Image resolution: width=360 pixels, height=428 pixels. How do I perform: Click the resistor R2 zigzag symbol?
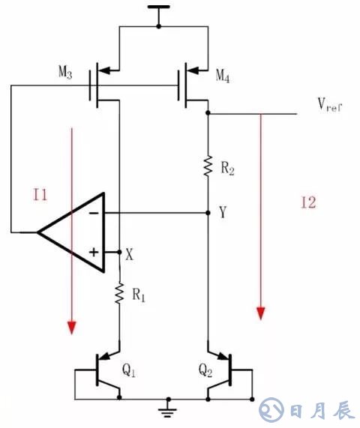click(208, 166)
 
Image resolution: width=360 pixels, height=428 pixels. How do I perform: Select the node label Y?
click(223, 213)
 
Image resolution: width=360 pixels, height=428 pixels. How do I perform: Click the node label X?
click(130, 253)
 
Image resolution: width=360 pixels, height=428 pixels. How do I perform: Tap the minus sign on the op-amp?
click(94, 213)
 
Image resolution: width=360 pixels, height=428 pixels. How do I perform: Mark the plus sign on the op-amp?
click(94, 252)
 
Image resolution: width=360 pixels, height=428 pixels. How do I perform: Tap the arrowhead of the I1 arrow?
click(71, 327)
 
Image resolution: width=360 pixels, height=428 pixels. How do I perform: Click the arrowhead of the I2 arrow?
click(260, 312)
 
